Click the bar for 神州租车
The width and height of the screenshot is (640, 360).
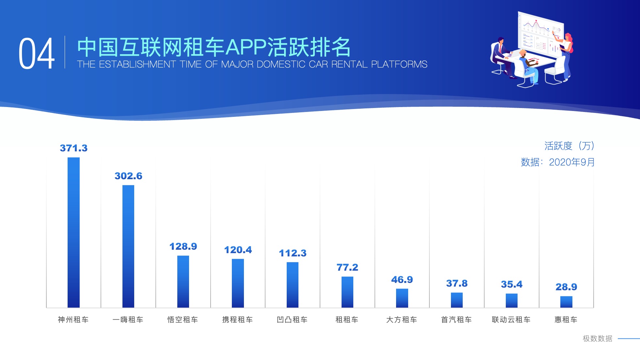coord(73,232)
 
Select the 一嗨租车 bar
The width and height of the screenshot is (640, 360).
coord(128,246)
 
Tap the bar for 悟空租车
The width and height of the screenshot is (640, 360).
coord(183,281)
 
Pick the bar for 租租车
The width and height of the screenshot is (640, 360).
coord(347,292)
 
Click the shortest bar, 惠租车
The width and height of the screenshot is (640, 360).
coord(566,302)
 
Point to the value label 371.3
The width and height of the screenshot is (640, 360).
coord(74,148)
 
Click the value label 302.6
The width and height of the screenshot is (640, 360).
coord(128,176)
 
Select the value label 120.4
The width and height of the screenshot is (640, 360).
coord(238,250)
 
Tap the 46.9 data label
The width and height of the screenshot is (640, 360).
coord(402,280)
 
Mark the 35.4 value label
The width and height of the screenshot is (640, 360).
coord(512,284)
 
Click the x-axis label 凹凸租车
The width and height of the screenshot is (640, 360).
coord(292,320)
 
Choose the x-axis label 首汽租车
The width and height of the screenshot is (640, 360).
coord(456,320)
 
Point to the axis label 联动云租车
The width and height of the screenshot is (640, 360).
coord(511,320)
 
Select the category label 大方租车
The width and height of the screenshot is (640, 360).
coord(402,320)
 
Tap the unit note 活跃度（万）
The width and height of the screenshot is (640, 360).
coord(569,146)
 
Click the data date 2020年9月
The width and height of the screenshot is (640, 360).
coord(572,162)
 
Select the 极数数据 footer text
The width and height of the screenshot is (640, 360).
coord(598,339)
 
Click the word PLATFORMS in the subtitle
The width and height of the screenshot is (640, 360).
coord(399,64)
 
